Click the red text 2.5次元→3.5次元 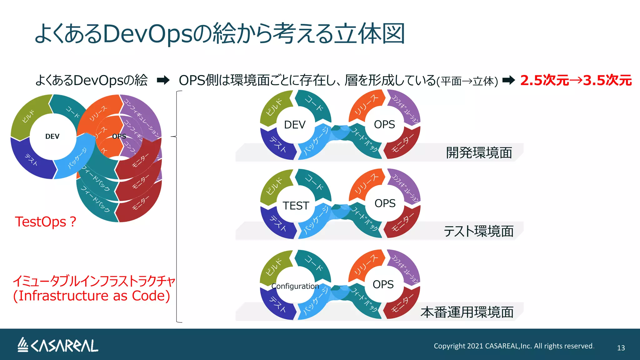(x=576, y=80)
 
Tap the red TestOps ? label (x=46, y=222)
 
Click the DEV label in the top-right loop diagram (x=294, y=125)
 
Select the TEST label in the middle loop (x=296, y=206)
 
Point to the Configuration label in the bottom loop (x=295, y=286)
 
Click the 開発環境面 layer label (x=479, y=153)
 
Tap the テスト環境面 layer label (x=478, y=231)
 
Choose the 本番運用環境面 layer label (x=467, y=312)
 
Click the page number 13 (x=621, y=348)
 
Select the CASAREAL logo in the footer (x=58, y=345)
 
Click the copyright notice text (x=513, y=346)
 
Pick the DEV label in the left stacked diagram (x=52, y=137)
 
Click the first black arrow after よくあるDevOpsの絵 (x=163, y=80)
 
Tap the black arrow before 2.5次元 (x=508, y=80)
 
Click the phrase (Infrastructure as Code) (x=91, y=296)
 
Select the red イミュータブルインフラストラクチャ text (x=94, y=281)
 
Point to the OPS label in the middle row (x=385, y=203)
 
